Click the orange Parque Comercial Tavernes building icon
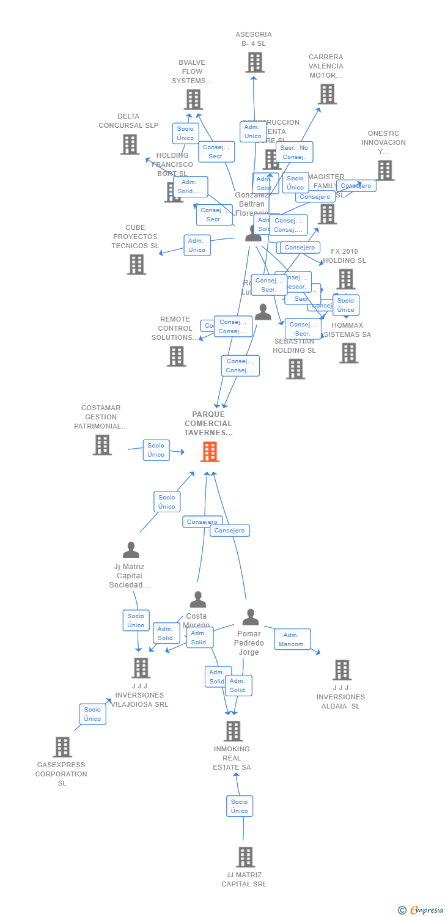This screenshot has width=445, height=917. coord(210,451)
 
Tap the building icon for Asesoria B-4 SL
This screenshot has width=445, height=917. coord(255,62)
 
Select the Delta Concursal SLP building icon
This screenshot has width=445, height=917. coord(130,144)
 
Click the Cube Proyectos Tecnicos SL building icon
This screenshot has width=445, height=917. coord(136,264)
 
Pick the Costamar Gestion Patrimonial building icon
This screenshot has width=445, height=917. coord(102,444)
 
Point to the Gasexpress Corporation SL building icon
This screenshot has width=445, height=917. coord(62,746)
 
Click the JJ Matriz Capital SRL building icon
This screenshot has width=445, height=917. coord(245,857)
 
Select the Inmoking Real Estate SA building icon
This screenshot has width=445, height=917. coord(233,731)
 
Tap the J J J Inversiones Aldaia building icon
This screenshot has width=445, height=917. coord(342,670)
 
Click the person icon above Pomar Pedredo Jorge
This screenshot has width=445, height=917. coord(250,617)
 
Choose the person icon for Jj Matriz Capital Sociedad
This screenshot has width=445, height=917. coord(131,550)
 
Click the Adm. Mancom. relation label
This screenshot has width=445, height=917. coord(292,639)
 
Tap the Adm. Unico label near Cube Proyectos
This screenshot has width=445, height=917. coord(197,245)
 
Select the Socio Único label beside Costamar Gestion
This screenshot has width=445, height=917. coord(156,450)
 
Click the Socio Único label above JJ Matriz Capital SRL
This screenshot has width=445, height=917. coord(240,806)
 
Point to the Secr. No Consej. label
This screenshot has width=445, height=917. coord(294,152)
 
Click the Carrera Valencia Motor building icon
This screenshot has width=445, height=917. coord(328,94)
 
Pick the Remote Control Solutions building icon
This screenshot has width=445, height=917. coord(177,356)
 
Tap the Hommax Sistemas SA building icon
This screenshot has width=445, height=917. coord(348,353)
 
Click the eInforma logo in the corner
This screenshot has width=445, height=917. coord(422,910)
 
